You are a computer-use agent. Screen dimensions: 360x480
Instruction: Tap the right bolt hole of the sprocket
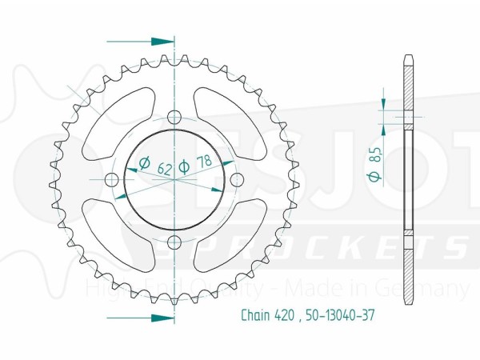point(237,180)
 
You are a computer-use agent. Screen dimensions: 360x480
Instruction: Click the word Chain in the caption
point(255,315)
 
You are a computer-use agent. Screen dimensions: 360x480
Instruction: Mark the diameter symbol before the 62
point(145,166)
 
